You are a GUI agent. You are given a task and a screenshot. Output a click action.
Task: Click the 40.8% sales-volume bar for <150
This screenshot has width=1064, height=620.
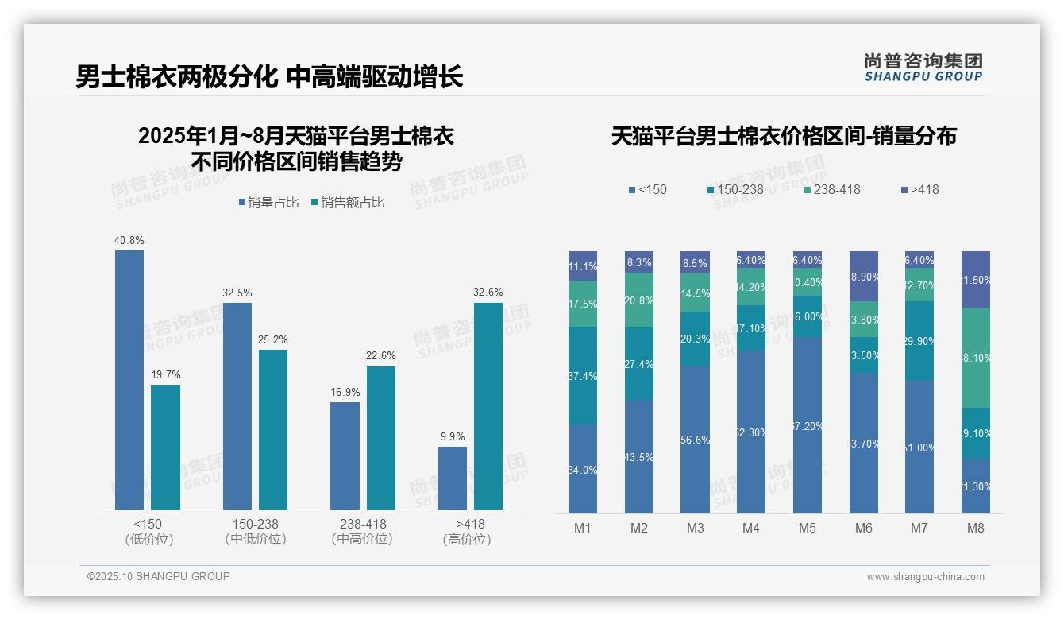click(x=129, y=380)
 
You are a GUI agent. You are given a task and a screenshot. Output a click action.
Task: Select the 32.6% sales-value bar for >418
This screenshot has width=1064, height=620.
click(x=488, y=406)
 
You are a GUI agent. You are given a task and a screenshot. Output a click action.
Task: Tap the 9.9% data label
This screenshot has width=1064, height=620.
click(x=453, y=436)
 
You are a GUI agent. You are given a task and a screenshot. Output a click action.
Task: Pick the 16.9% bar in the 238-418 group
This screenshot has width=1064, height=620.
click(x=345, y=455)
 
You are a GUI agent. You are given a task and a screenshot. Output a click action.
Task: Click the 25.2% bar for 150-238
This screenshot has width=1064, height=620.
click(x=272, y=429)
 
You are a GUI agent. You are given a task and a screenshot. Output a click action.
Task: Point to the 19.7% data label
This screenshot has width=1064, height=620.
click(x=165, y=375)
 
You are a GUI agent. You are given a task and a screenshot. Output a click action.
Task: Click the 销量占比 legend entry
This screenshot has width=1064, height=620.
click(x=268, y=203)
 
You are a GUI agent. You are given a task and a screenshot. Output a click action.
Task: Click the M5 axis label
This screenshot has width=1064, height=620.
click(x=808, y=528)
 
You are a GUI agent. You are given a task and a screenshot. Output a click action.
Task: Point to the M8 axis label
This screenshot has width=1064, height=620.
click(x=976, y=528)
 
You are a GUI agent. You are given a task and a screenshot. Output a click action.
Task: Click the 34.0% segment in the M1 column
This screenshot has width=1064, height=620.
click(x=583, y=468)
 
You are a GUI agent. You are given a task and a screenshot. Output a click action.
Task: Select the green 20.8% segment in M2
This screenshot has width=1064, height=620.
click(x=639, y=300)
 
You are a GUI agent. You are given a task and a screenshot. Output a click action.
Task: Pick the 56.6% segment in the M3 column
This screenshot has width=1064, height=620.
click(x=695, y=439)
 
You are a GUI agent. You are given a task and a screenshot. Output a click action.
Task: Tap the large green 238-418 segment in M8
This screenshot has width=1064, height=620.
click(x=976, y=358)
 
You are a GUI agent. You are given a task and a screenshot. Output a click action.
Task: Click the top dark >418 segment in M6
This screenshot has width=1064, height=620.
click(x=864, y=276)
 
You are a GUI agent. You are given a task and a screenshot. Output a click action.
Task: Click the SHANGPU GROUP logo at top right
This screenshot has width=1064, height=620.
click(x=923, y=68)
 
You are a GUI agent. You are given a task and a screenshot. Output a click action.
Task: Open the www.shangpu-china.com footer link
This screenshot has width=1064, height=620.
click(x=925, y=577)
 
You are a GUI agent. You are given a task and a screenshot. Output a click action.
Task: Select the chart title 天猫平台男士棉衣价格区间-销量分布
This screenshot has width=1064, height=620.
click(x=784, y=136)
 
